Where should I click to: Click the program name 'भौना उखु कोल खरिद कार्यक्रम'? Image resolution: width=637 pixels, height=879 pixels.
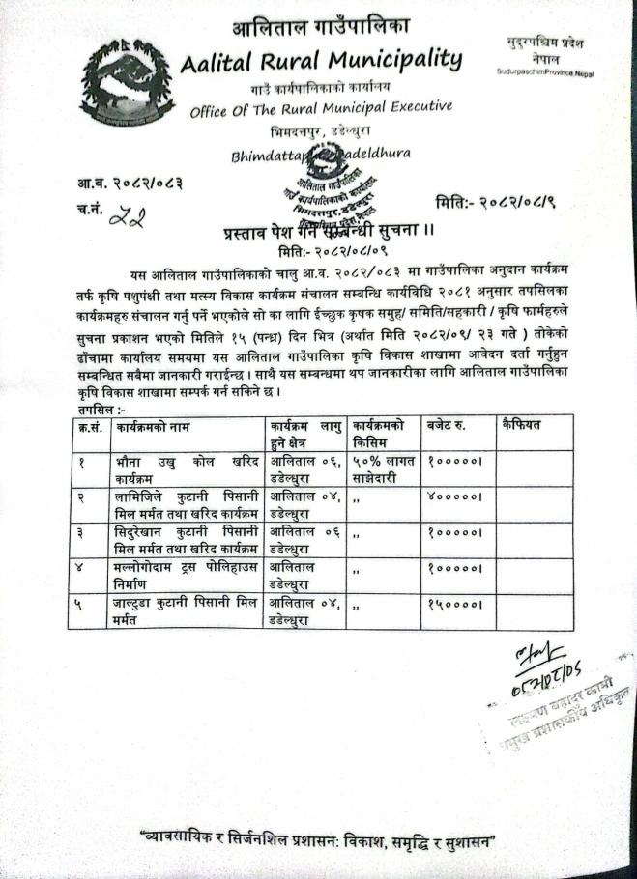(185, 469)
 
